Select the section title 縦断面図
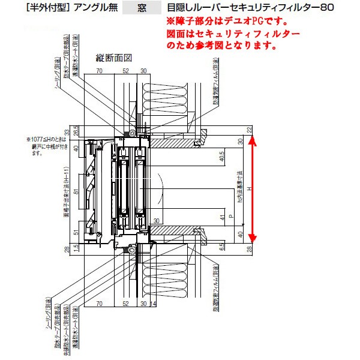click(113, 58)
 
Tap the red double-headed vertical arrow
click(253, 187)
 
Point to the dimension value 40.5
click(221, 157)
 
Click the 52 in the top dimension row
click(126, 71)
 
